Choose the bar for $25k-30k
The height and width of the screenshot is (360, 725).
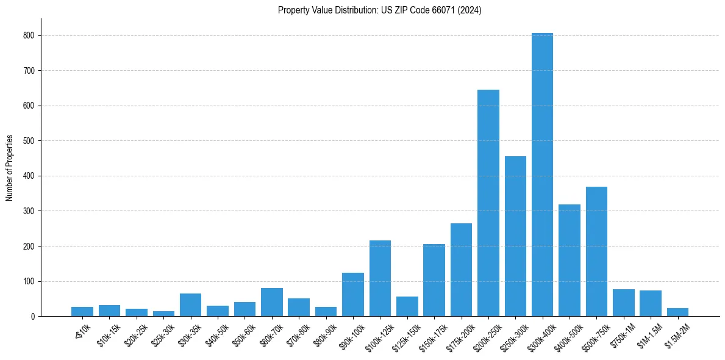163,314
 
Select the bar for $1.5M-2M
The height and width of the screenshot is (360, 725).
677,312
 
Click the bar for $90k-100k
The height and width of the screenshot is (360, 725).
353,295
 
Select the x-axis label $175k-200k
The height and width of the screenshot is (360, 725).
459,334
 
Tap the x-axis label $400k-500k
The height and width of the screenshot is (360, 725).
567,334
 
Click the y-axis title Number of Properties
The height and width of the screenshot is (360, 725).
10,168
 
